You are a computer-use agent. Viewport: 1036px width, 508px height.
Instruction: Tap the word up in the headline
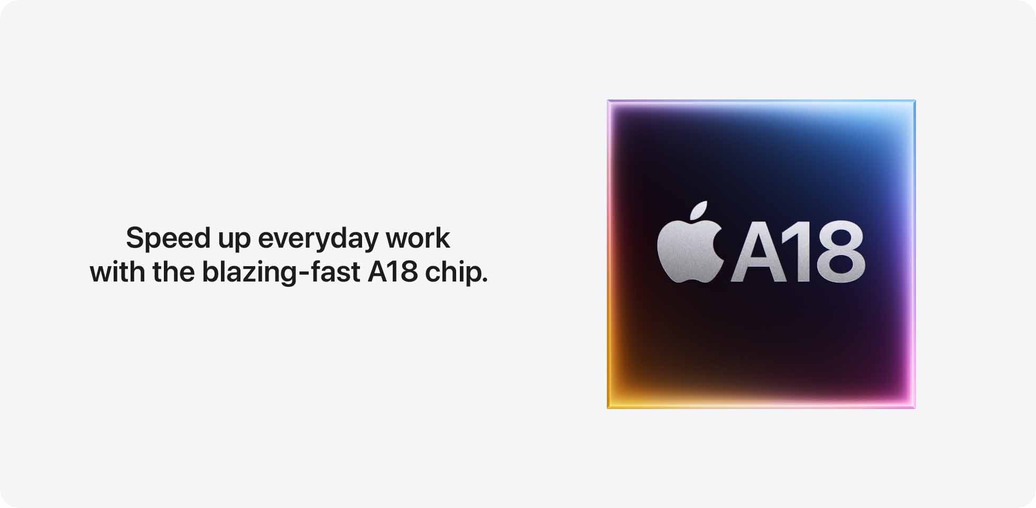coord(234,241)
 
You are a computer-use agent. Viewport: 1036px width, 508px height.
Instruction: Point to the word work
coord(418,238)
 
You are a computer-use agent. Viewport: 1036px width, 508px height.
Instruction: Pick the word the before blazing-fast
coord(173,271)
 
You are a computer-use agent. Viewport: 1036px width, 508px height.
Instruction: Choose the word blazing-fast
coord(281,273)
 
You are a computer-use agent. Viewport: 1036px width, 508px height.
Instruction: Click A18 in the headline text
coord(393,272)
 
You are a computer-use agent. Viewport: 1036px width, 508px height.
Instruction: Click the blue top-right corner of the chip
coord(914,101)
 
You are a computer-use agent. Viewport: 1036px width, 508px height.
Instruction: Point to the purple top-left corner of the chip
coord(608,101)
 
